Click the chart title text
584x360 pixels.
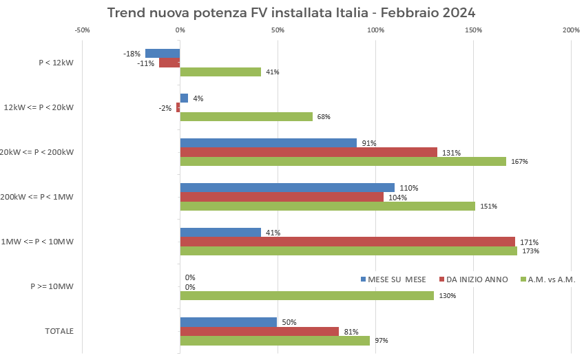pyautogui.click(x=291, y=13)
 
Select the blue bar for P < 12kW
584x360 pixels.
pyautogui.click(x=163, y=54)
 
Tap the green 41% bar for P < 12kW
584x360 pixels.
pyautogui.click(x=220, y=72)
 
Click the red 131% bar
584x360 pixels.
pyautogui.click(x=309, y=152)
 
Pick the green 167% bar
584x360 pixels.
pyautogui.click(x=343, y=161)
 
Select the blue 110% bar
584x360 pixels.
pyautogui.click(x=287, y=188)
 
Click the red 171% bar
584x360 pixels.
pyautogui.click(x=347, y=242)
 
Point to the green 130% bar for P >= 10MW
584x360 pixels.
pyautogui.click(x=306, y=295)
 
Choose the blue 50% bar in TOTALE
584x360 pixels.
pyautogui.click(x=228, y=322)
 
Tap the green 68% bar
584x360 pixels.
pyautogui.click(x=246, y=116)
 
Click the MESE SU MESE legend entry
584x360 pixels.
pyautogui.click(x=393, y=279)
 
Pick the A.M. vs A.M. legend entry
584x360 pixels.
pyautogui.click(x=547, y=279)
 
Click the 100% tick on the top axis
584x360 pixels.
pyautogui.click(x=376, y=30)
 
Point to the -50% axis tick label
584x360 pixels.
pyautogui.click(x=82, y=30)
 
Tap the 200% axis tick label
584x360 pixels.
pyautogui.click(x=571, y=30)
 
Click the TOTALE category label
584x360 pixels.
pyautogui.click(x=59, y=331)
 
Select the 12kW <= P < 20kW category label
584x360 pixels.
pyautogui.click(x=39, y=107)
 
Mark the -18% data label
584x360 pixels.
pyautogui.click(x=132, y=54)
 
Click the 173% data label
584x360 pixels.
pyautogui.click(x=530, y=251)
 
